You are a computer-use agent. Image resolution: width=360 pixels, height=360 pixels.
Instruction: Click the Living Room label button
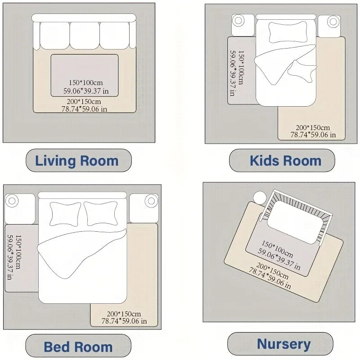click(x=77, y=161)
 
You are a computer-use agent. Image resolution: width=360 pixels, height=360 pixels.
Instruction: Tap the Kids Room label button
click(x=285, y=161)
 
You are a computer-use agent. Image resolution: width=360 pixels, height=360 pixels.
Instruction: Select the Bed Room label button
click(x=78, y=346)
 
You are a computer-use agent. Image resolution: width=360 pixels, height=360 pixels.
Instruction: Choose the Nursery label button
click(x=283, y=344)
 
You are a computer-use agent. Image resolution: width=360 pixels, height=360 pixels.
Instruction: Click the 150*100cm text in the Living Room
click(x=85, y=83)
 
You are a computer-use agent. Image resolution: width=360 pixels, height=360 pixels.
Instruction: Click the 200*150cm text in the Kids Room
click(x=313, y=127)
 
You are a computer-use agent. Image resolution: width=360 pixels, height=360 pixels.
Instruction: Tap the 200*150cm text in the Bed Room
click(x=124, y=314)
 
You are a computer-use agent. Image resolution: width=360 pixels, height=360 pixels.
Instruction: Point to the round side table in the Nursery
click(x=260, y=197)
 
